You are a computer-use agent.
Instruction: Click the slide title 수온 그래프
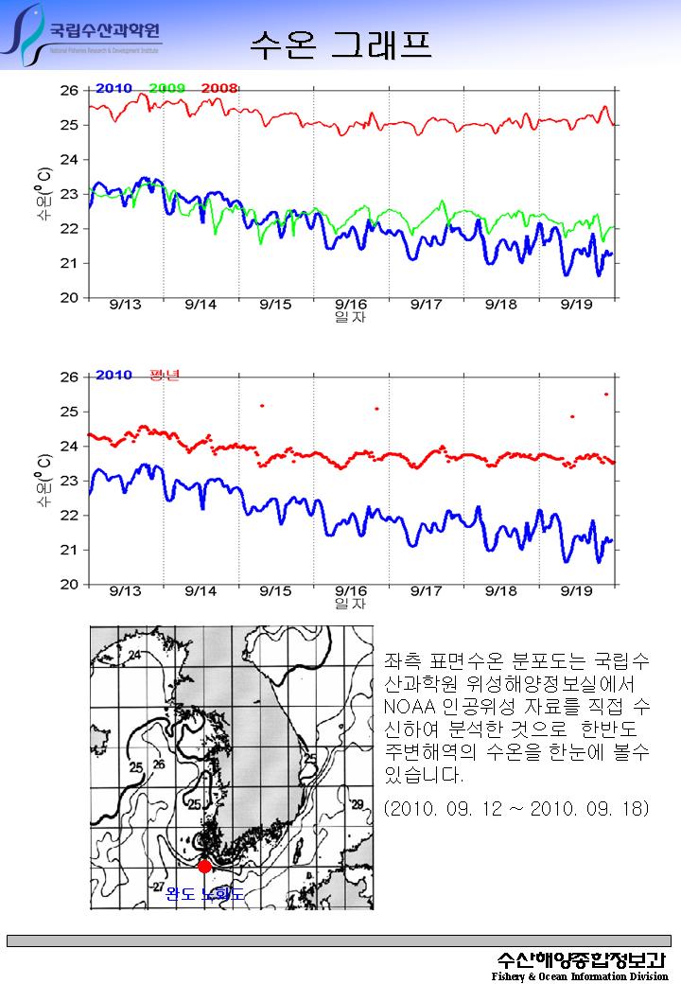point(340,44)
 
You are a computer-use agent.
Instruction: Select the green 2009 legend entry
point(167,88)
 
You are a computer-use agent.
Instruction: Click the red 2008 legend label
point(219,88)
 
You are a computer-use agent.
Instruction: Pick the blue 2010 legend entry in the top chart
point(113,88)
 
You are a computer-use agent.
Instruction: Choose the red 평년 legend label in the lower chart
point(164,376)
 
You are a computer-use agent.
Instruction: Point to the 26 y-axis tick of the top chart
point(69,91)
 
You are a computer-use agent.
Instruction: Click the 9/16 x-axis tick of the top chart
point(351,305)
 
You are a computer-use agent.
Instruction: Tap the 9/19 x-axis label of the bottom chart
point(576,590)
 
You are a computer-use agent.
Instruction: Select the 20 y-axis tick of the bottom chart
point(69,584)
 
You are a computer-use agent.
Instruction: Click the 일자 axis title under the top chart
point(350,318)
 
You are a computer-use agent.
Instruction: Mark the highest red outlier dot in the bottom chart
point(605,394)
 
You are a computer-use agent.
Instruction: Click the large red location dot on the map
point(204,866)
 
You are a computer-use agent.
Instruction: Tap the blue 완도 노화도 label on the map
point(204,893)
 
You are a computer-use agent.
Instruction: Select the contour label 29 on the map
point(356,804)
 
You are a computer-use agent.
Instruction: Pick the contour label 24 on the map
point(135,655)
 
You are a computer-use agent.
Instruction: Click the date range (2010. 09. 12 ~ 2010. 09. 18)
point(516,810)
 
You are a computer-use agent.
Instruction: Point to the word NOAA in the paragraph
point(408,706)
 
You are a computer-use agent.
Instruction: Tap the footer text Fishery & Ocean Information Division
point(579,975)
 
